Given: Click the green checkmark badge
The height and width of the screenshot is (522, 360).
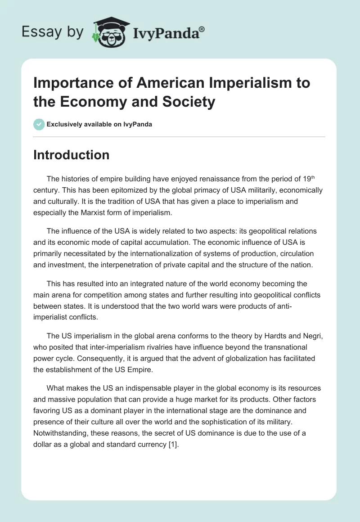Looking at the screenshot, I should coord(39,124).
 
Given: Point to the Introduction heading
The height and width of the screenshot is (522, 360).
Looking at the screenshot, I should coord(72,155).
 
